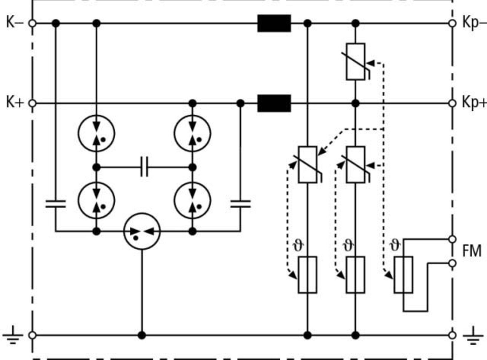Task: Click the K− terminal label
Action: click(15, 22)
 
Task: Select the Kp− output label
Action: click(474, 23)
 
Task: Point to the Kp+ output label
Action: click(474, 103)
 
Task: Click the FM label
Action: click(472, 251)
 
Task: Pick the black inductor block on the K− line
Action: click(274, 23)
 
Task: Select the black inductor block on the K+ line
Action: click(274, 103)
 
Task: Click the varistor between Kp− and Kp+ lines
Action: click(356, 62)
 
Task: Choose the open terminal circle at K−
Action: click(32, 23)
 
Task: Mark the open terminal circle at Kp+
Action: click(452, 103)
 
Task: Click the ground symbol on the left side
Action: click(13, 335)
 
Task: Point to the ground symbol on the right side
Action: click(473, 336)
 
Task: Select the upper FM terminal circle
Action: click(452, 239)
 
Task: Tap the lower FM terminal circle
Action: click(452, 263)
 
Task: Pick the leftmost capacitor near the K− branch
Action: click(56, 204)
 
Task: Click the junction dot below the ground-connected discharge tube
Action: click(142, 335)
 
